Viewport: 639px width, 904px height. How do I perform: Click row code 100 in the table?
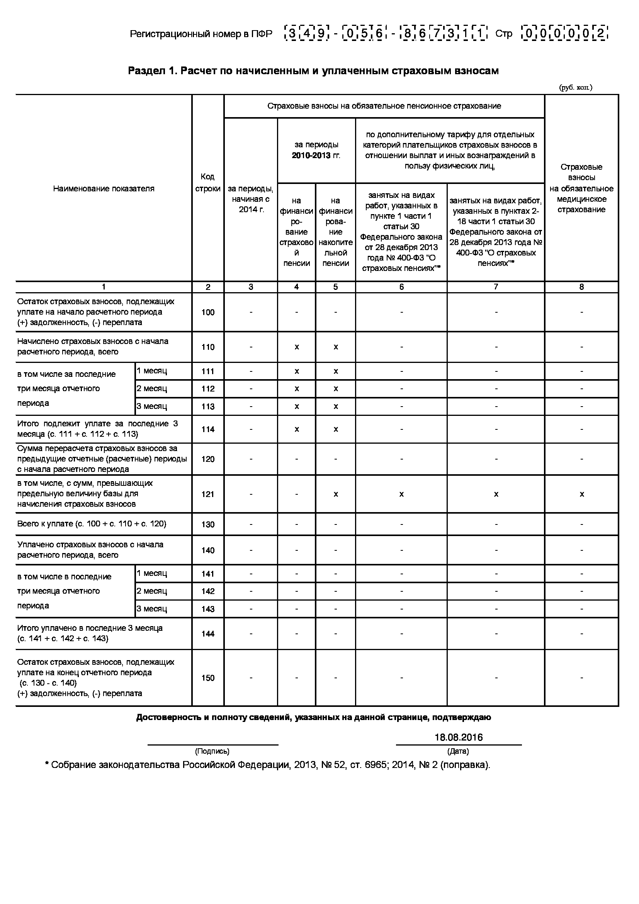click(x=208, y=312)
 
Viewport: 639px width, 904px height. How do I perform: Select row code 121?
click(x=208, y=494)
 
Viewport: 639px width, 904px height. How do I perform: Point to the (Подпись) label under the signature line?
click(x=212, y=751)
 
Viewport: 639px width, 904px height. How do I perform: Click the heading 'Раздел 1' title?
click(x=313, y=71)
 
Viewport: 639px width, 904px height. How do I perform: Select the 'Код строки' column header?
click(x=208, y=183)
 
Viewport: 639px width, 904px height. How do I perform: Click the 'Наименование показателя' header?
click(x=104, y=189)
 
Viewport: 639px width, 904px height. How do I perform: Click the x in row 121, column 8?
click(x=581, y=494)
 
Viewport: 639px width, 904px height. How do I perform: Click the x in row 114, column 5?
click(x=336, y=429)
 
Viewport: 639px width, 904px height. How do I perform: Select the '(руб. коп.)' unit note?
click(x=576, y=87)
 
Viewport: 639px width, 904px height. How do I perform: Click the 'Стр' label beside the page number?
click(x=504, y=34)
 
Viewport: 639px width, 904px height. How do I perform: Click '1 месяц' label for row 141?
click(x=152, y=573)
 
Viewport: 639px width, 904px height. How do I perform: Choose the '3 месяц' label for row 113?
click(x=152, y=406)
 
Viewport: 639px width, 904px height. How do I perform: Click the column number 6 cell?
click(x=401, y=287)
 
